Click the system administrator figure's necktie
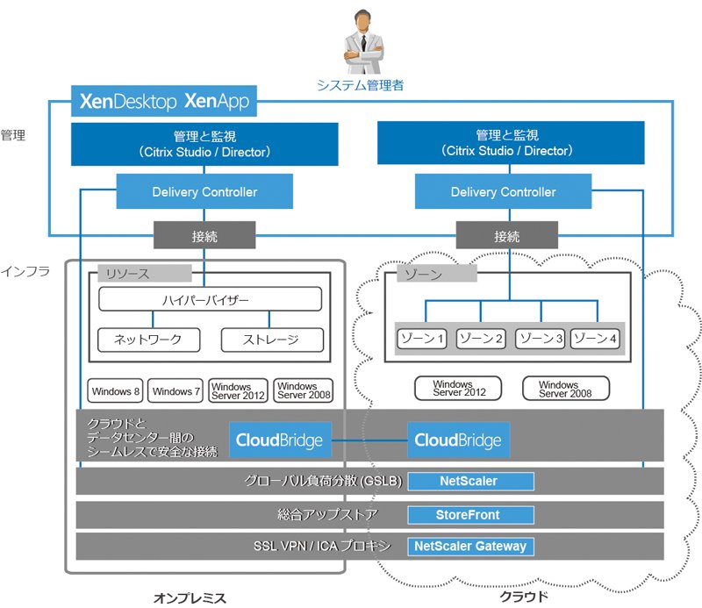(363, 43)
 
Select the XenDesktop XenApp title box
(164, 101)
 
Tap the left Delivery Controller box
(204, 191)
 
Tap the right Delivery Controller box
(503, 191)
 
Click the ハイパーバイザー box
(210, 299)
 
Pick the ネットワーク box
(148, 340)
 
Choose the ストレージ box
(272, 340)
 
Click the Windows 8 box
(115, 391)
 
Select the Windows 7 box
(175, 391)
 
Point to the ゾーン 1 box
(422, 339)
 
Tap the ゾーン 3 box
(541, 339)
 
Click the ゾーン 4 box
(595, 339)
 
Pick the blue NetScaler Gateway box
(470, 547)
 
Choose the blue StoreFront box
(470, 515)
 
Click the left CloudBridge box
(280, 440)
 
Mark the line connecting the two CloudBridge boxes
(369, 440)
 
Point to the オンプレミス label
(190, 597)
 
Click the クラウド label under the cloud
(524, 597)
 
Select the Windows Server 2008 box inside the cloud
(566, 389)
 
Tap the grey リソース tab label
(145, 273)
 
